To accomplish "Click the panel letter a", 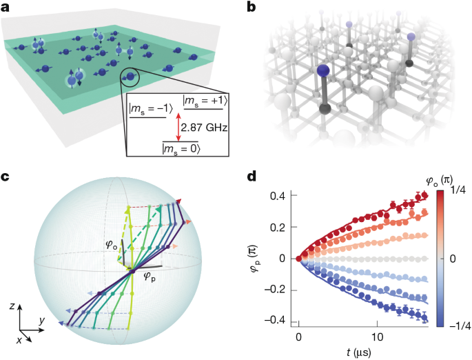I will coord(7,8).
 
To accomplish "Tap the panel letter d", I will coord(252,177).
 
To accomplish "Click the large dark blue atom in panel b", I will coord(323,74).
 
